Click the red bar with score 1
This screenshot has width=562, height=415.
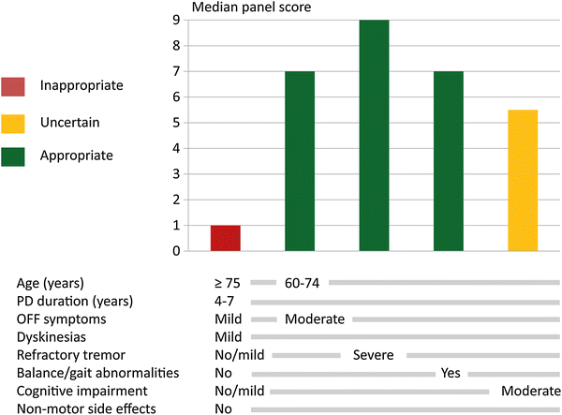pyautogui.click(x=226, y=238)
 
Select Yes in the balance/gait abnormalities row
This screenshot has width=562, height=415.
pyautogui.click(x=451, y=373)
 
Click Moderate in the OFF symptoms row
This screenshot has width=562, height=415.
pyautogui.click(x=315, y=319)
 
